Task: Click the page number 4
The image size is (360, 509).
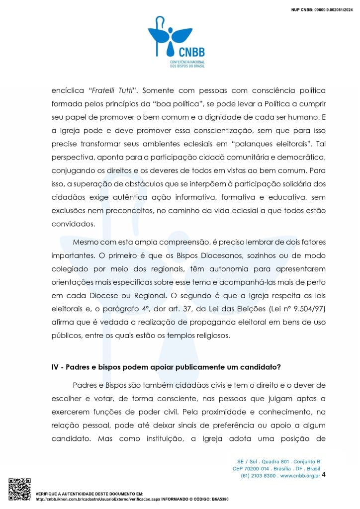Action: pos(324,475)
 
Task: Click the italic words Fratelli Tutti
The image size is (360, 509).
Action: pos(114,91)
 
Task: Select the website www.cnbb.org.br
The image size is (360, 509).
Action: pos(300,476)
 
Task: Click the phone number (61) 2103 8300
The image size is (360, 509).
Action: pos(259,476)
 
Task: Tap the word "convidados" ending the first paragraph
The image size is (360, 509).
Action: pos(73,224)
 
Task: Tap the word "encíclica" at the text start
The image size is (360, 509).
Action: pos(67,91)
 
